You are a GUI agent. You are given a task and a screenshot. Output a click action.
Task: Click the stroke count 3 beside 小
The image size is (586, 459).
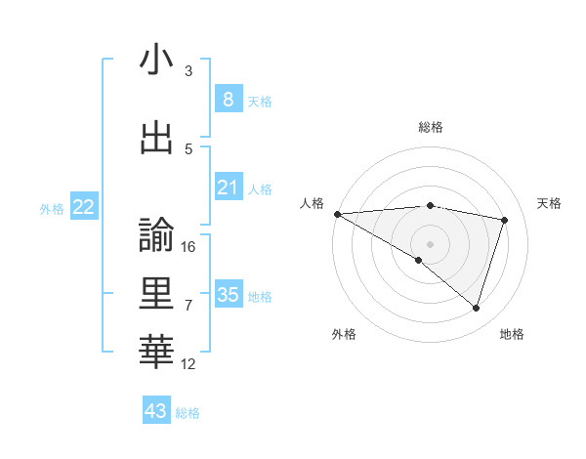tap(188, 71)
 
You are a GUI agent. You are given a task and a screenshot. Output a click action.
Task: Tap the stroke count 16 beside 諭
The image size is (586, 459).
tap(188, 247)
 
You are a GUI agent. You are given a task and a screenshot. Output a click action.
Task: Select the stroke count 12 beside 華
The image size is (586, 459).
tap(188, 364)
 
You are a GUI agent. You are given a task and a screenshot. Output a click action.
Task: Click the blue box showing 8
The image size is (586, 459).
tap(228, 100)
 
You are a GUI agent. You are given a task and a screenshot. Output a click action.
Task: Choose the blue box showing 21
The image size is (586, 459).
tap(228, 188)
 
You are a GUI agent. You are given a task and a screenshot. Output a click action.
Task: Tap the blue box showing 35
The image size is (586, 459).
tap(228, 295)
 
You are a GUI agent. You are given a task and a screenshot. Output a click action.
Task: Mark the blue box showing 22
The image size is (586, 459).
tap(83, 207)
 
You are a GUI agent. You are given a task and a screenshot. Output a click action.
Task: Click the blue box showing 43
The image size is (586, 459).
tap(155, 411)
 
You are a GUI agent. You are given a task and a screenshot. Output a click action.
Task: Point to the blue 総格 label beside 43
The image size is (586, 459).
tap(188, 413)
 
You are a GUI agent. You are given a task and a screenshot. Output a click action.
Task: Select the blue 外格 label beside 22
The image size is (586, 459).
tap(51, 208)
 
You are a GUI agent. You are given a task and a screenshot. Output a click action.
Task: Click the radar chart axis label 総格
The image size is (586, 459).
tap(431, 128)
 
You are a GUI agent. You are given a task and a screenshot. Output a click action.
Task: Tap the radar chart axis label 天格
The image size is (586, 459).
tap(550, 203)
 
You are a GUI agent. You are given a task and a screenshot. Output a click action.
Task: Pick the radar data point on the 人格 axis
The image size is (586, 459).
tap(337, 214)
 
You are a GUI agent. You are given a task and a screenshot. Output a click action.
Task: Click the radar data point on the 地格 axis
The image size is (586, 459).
tap(476, 309)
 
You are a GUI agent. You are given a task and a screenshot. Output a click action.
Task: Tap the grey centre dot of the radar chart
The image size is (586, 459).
tap(430, 243)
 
